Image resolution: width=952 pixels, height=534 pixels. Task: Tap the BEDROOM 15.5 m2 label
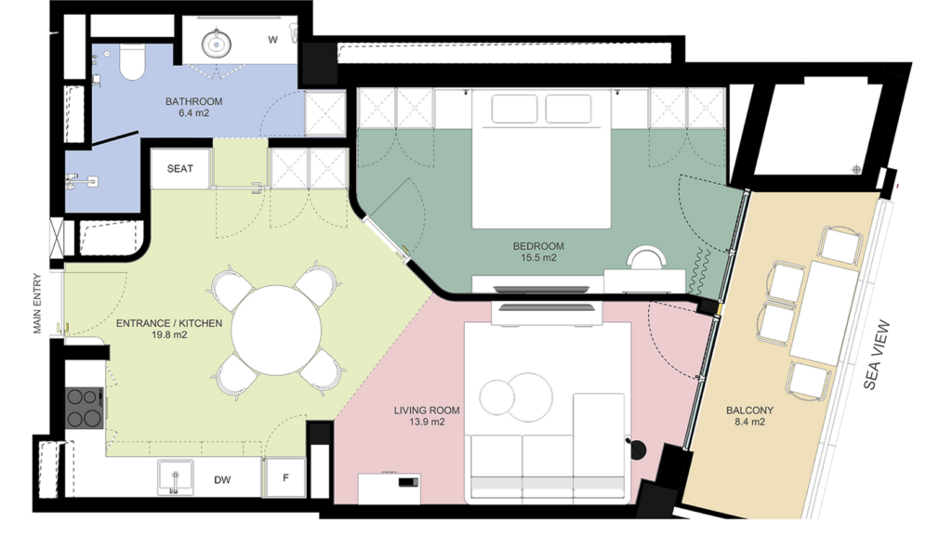point(538,252)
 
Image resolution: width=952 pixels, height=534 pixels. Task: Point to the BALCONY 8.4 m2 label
point(749,416)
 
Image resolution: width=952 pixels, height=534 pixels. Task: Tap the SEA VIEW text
point(876,355)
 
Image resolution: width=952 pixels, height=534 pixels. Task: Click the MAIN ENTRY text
point(37,304)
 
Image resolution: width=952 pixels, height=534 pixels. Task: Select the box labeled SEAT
point(180,168)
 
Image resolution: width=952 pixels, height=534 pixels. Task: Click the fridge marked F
point(286,477)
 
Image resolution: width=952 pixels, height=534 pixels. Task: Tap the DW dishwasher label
point(222,480)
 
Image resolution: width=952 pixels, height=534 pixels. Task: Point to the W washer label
point(273,40)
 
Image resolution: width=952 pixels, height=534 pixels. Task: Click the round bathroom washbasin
point(216,43)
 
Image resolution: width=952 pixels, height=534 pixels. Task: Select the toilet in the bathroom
point(132,62)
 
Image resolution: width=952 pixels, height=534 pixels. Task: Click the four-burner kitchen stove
point(84,408)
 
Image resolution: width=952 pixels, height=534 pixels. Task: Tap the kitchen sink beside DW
point(176,477)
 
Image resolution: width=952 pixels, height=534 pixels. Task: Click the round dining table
point(276,331)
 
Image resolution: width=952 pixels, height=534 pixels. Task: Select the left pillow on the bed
point(514,109)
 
